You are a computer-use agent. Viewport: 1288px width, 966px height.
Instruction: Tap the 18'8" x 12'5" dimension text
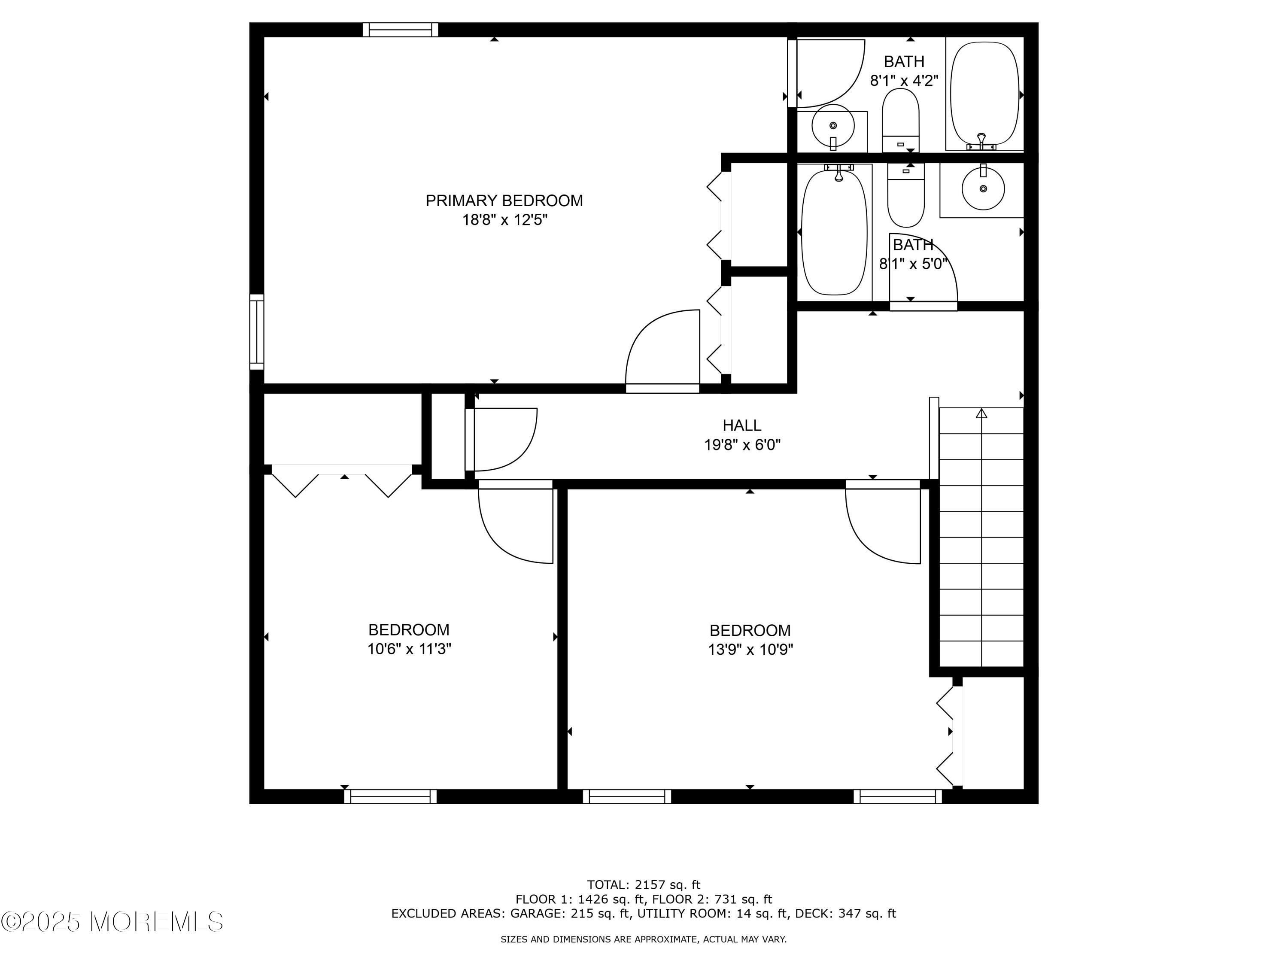click(505, 220)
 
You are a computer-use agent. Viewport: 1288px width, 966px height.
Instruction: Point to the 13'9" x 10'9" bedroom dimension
click(750, 649)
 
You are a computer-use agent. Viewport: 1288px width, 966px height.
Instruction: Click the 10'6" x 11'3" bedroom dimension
click(409, 649)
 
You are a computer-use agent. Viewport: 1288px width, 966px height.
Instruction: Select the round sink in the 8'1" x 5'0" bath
click(983, 188)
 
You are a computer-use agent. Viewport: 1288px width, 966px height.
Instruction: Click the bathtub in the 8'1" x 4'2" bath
click(984, 93)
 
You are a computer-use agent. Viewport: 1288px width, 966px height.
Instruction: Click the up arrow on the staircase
click(982, 413)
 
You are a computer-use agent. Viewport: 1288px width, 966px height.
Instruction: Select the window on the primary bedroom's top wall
click(400, 29)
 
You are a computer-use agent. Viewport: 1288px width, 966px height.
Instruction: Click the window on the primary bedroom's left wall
click(257, 332)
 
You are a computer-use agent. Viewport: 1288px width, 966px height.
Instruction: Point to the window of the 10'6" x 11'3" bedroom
click(390, 796)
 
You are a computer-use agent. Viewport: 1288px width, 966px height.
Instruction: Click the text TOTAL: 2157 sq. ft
click(644, 885)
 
